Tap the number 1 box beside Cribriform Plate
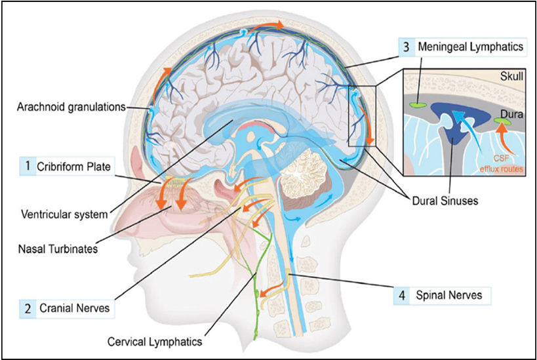pyautogui.click(x=28, y=167)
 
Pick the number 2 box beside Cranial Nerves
pyautogui.click(x=28, y=306)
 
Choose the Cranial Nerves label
pyautogui.click(x=73, y=306)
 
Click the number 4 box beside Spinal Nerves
pyautogui.click(x=401, y=296)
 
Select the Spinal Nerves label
pyautogui.click(x=449, y=296)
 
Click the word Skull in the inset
pyautogui.click(x=512, y=77)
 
